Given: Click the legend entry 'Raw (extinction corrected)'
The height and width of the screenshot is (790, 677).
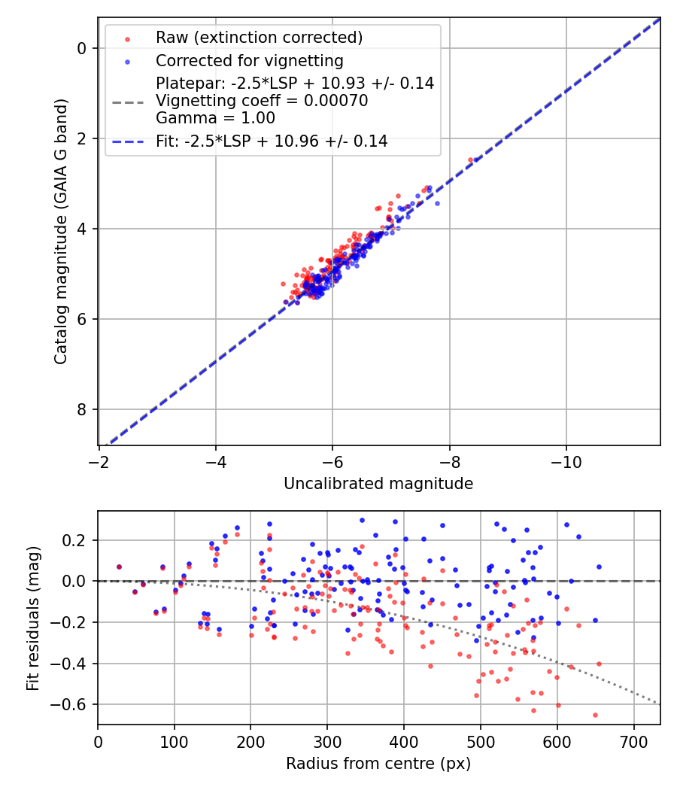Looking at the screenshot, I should [x=259, y=37].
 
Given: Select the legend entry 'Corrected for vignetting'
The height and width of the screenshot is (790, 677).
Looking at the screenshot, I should [x=249, y=60].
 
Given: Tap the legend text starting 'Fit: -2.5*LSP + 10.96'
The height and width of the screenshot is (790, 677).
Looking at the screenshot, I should [x=272, y=141].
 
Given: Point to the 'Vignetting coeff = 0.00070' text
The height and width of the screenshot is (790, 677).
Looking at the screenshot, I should [x=262, y=101].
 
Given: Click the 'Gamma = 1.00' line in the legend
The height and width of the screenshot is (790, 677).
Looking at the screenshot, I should [x=215, y=118].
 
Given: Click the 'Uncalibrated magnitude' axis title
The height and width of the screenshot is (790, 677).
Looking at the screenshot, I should [x=378, y=484].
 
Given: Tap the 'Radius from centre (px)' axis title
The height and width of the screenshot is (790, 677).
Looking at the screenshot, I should [x=378, y=764].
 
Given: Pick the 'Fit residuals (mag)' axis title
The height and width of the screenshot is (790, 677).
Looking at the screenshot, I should [x=32, y=618].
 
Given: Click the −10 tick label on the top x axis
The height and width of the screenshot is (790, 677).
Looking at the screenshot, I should [x=566, y=461].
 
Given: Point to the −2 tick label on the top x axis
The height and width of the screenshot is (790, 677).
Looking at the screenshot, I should [x=99, y=461].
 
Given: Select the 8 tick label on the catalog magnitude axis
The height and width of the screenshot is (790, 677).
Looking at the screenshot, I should [x=83, y=409].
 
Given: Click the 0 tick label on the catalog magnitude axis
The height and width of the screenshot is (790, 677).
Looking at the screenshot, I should [x=83, y=48].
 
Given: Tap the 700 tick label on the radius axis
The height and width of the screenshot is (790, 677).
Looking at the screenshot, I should [x=633, y=741].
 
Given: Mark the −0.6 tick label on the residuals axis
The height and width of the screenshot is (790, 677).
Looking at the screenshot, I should [x=74, y=704].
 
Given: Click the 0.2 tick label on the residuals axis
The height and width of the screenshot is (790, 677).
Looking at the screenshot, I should [x=78, y=540].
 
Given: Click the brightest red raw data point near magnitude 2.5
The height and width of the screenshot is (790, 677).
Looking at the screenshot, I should [x=471, y=160].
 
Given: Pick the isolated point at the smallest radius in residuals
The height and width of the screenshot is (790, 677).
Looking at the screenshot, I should [x=119, y=567].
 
